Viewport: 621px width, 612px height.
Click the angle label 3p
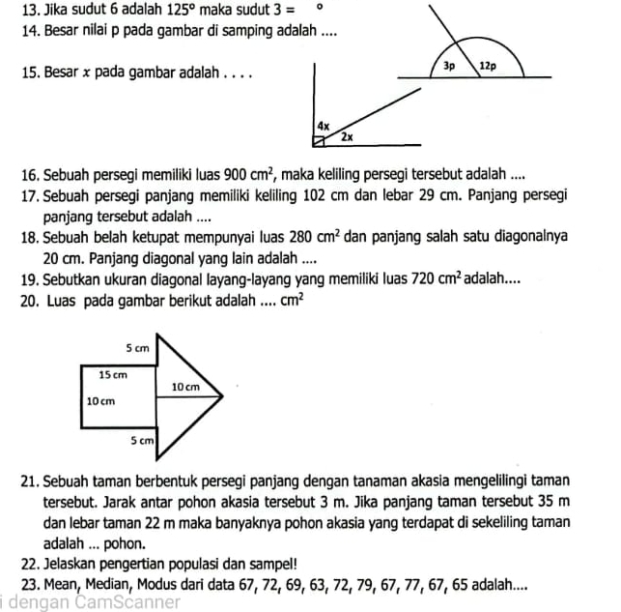click(449, 68)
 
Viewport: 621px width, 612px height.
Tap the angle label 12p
click(488, 68)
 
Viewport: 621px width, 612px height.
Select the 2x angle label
click(346, 137)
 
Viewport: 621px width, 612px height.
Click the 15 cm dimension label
click(113, 372)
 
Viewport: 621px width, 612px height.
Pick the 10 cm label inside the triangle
click(184, 386)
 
